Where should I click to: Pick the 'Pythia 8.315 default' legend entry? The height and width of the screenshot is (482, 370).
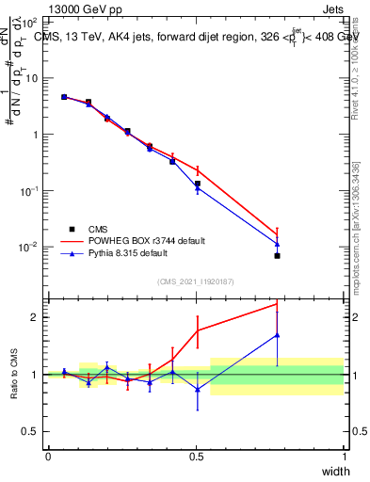124,253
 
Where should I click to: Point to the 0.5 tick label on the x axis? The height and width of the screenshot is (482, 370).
196,457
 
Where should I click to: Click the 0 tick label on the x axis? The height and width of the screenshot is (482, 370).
48,457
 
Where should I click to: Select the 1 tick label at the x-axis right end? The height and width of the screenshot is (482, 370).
344,457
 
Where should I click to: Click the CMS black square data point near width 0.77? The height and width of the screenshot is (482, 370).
277,255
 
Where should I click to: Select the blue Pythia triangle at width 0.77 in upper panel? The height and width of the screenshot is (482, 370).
277,244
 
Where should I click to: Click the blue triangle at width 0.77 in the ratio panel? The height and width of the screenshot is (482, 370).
277,334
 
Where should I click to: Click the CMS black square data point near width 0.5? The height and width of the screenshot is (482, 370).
197,184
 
